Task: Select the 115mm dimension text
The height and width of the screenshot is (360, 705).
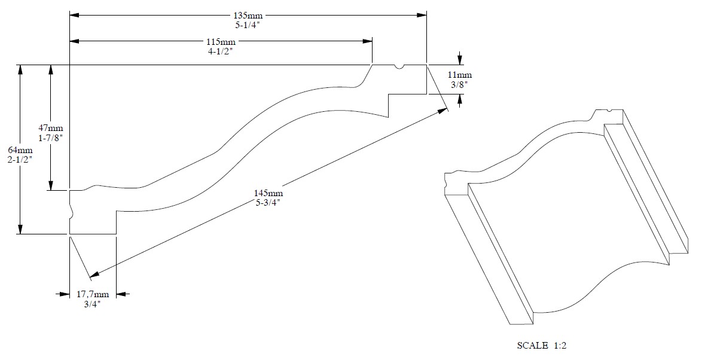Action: [x=221, y=42]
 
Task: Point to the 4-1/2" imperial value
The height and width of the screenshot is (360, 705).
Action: [x=221, y=52]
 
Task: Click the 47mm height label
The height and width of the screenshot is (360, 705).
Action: [x=51, y=129]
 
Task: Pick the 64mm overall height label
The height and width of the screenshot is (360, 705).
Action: [x=20, y=150]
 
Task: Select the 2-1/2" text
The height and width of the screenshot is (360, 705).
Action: [x=20, y=160]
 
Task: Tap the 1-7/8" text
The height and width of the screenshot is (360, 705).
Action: [x=51, y=138]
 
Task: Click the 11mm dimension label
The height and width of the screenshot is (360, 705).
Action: [x=459, y=75]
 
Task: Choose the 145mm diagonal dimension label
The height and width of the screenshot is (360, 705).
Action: [x=268, y=193]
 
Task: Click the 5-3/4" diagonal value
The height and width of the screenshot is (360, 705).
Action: [x=268, y=203]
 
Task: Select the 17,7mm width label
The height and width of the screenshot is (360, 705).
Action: [x=92, y=294]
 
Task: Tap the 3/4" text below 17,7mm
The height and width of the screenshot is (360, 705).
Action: [x=92, y=304]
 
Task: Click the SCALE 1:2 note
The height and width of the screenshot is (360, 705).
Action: [x=542, y=346]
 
